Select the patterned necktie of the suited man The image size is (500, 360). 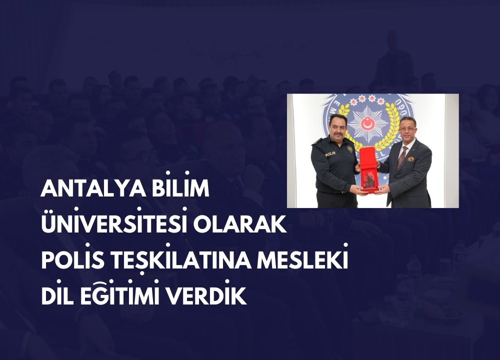pyautogui.click(x=401, y=156)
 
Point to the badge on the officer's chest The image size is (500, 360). pyautogui.click(x=350, y=149)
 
